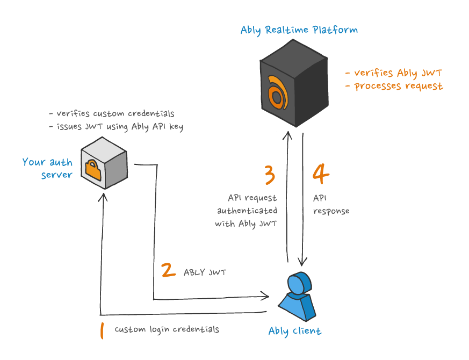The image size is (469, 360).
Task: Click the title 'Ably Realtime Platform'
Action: (x=299, y=30)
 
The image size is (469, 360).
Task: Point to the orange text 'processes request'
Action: (x=398, y=86)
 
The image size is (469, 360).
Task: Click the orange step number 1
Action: (x=102, y=330)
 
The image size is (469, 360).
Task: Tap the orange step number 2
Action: (x=169, y=270)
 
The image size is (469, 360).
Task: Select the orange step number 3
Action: (x=270, y=175)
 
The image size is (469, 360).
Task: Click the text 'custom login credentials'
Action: (x=167, y=329)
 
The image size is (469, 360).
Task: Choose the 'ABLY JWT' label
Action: (x=205, y=272)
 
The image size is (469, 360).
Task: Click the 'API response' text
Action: (x=331, y=205)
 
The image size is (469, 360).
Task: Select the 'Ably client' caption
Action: (x=294, y=331)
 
